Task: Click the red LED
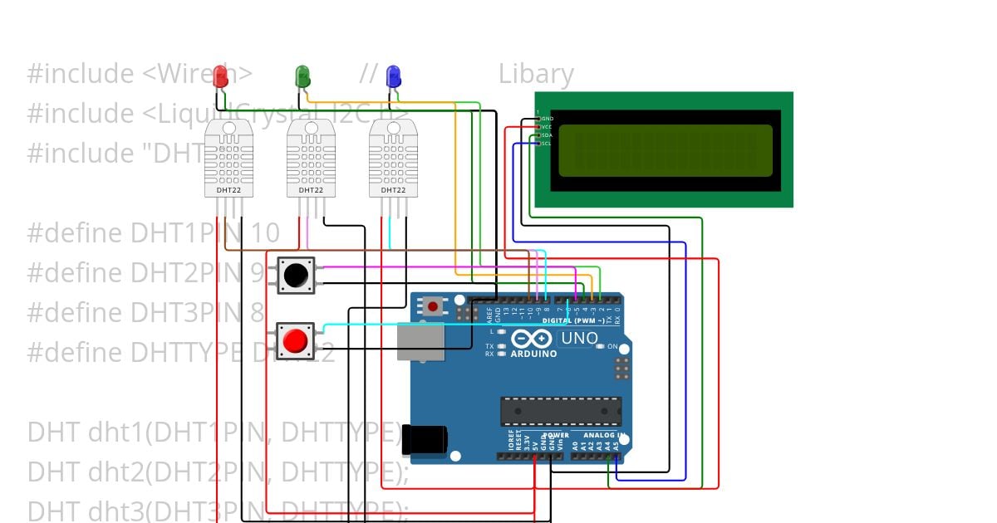[220, 76]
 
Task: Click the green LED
[302, 76]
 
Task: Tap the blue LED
[393, 76]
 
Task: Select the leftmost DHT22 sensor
[228, 158]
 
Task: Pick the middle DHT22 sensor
[311, 158]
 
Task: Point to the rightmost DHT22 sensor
[393, 158]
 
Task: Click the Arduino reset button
[432, 306]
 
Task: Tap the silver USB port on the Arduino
[420, 341]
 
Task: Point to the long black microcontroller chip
[560, 410]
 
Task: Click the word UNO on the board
[579, 339]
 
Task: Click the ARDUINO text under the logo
[533, 354]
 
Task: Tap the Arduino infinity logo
[533, 339]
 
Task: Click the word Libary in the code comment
[536, 75]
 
